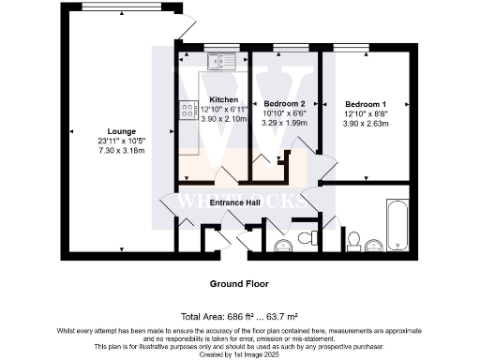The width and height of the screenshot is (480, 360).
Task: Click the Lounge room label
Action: (122, 130)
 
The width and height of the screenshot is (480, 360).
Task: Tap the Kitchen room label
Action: (223, 99)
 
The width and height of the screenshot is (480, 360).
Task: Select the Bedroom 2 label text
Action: (284, 103)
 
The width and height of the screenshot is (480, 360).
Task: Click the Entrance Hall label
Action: (234, 202)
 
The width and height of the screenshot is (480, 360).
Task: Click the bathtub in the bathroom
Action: (397, 221)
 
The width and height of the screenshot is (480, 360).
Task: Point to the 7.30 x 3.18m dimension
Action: (122, 151)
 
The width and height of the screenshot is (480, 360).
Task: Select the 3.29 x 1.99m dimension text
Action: (284, 123)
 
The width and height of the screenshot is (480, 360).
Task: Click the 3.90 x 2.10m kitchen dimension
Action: (223, 120)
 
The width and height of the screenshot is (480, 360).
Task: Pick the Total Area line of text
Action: (239, 315)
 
